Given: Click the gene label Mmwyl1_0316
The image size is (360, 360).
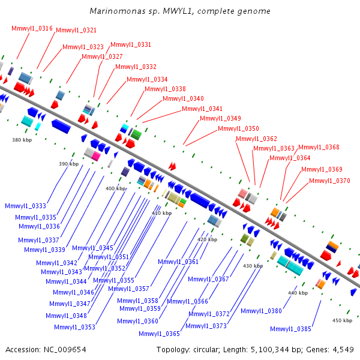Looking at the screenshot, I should pos(32,28).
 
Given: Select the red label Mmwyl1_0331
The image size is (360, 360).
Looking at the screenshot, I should pos(131,44).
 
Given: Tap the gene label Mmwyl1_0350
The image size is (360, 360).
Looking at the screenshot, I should pos(238,128).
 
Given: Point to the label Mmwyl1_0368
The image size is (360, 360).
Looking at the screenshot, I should pos(319,147).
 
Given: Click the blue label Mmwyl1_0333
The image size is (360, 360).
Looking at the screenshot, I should pos(25,206).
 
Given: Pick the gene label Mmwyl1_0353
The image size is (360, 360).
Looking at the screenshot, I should pos(74,327).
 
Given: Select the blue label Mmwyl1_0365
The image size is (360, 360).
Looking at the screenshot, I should pos(159,334).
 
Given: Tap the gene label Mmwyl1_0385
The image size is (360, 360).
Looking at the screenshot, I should pos(290,328).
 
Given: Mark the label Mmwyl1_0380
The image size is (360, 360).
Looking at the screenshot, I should pos(261,311).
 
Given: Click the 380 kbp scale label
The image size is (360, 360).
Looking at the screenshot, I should pos(21,140).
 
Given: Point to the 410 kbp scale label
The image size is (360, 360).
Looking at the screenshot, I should pos(161,213).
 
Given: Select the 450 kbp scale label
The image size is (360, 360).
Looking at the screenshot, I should pos(341,320).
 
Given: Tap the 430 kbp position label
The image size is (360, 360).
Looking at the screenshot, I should pos(253,265).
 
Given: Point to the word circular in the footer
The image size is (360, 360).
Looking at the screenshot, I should pos(206,349).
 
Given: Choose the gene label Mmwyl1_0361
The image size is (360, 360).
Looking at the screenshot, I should pos(178,262).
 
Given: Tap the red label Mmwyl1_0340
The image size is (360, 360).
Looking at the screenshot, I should pos(183,98).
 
